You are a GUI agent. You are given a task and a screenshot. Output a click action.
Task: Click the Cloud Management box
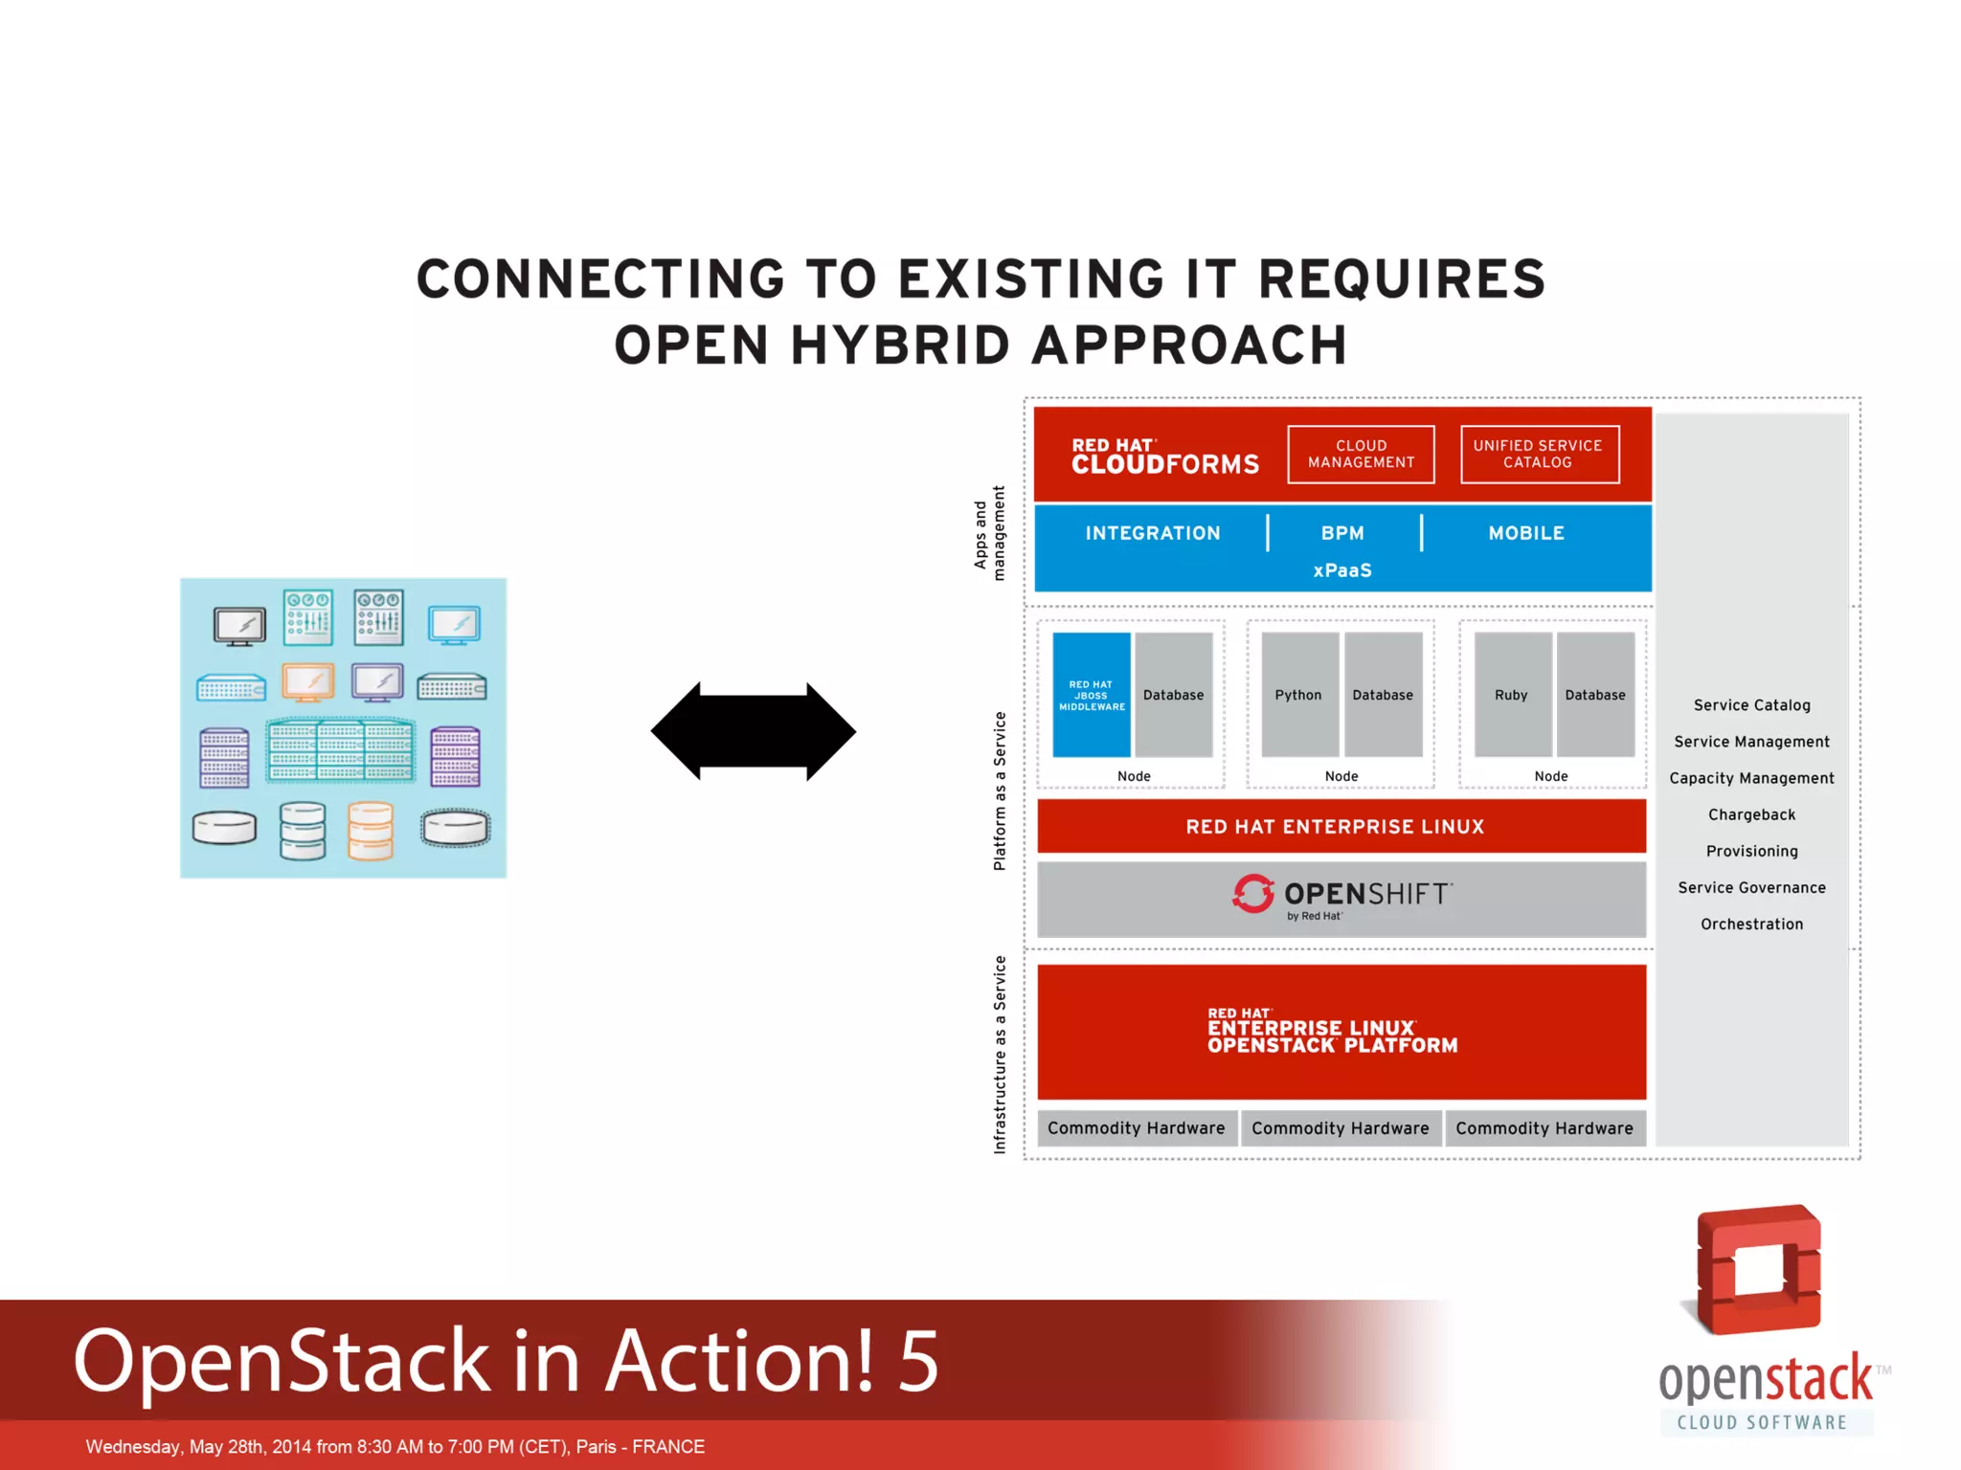(1361, 455)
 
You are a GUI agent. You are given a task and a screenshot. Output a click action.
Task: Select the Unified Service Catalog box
(1539, 455)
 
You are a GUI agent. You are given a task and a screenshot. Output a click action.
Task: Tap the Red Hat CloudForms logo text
(1164, 457)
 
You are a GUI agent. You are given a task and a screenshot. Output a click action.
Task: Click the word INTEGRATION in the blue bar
(1153, 533)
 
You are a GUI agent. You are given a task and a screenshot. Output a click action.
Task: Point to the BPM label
(1342, 533)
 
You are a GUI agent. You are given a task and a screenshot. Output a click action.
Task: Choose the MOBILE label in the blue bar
(1526, 533)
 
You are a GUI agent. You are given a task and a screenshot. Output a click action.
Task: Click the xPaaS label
(1342, 570)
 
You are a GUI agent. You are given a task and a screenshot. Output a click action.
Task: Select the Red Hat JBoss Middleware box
(1092, 695)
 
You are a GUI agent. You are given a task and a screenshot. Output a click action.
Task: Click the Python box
(1298, 695)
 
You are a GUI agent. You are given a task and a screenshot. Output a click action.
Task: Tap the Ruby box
(1511, 695)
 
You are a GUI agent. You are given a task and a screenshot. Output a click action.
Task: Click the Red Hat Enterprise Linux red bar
(1341, 827)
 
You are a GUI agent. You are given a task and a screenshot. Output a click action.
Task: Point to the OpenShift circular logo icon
(1253, 894)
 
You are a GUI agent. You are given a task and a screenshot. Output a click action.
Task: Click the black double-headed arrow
(754, 731)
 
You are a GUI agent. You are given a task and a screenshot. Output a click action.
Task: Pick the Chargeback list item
(1751, 814)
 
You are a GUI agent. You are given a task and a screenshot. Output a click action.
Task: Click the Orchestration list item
(1751, 924)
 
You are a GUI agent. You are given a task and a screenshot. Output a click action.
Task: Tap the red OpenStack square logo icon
(1759, 1270)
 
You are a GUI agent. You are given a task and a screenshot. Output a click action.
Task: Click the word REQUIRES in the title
(1401, 279)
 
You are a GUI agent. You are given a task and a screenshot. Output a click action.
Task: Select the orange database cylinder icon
(371, 830)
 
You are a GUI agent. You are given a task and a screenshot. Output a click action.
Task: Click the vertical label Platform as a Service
(1000, 791)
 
